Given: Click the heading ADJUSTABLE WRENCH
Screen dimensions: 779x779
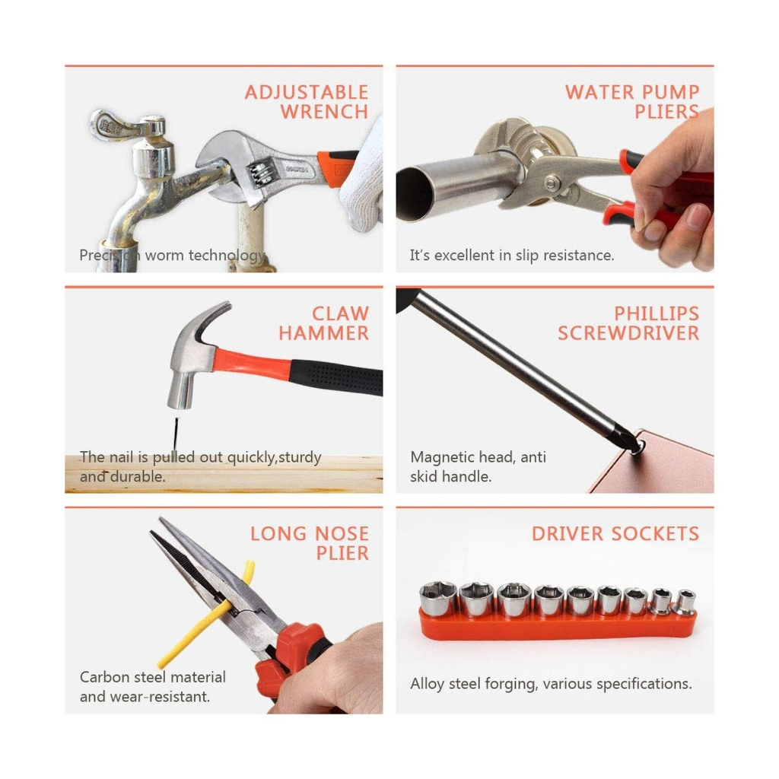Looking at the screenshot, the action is click(x=307, y=102).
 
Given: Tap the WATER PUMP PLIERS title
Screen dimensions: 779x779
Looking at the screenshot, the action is click(x=632, y=102).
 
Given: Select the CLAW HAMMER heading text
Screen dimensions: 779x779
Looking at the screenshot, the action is click(x=324, y=323).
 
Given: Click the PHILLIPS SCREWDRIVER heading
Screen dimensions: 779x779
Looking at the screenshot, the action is click(x=628, y=323).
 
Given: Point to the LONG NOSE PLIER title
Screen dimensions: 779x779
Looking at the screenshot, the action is click(x=310, y=543).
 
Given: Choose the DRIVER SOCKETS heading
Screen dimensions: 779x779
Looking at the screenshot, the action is click(x=615, y=533).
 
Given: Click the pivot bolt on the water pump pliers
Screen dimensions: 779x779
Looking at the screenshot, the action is click(x=550, y=183).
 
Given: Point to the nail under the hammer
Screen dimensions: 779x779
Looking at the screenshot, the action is click(x=176, y=434).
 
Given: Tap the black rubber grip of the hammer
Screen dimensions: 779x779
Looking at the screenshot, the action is click(x=337, y=377).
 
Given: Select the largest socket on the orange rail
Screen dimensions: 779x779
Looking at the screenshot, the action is click(x=437, y=599).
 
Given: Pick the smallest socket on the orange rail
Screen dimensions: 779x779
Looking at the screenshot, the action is click(x=686, y=602).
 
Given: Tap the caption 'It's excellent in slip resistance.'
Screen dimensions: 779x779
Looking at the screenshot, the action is click(x=512, y=256).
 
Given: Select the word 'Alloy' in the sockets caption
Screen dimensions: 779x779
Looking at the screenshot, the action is click(x=427, y=684).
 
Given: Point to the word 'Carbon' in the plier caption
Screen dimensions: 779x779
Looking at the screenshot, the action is click(x=103, y=677).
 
